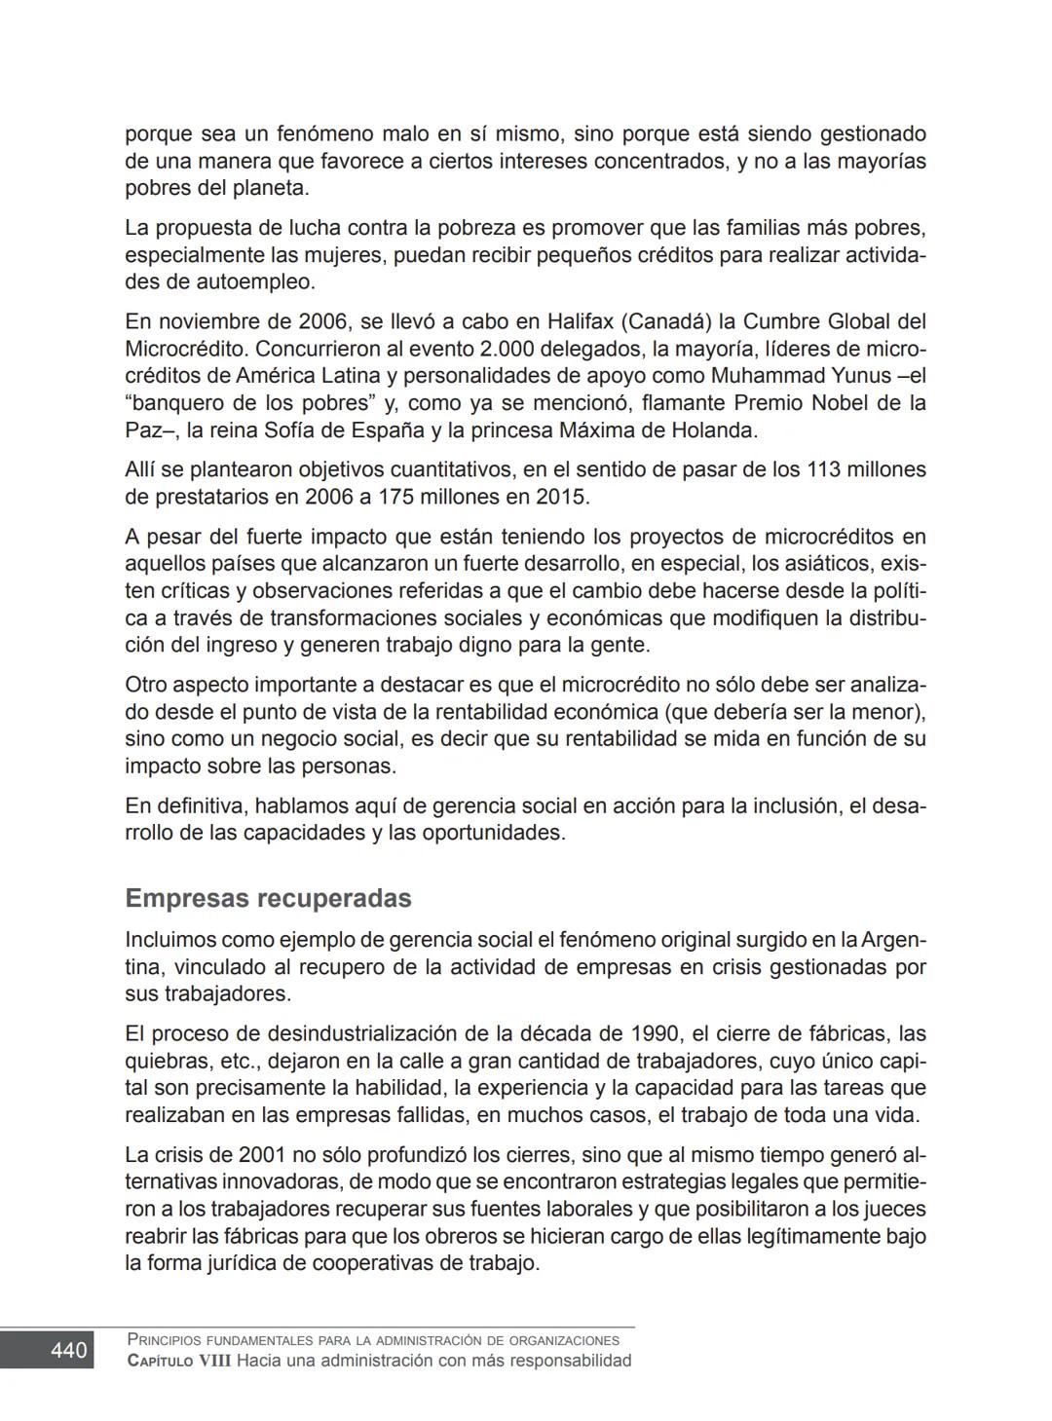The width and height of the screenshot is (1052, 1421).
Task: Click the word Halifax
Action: [x=580, y=321]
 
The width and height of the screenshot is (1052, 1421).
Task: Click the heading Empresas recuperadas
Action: [x=268, y=898]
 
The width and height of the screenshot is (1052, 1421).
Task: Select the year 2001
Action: [x=262, y=1155]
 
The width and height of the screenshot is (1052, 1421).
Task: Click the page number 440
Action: [x=69, y=1351]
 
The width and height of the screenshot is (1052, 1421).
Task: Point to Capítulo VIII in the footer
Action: [x=179, y=1362]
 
